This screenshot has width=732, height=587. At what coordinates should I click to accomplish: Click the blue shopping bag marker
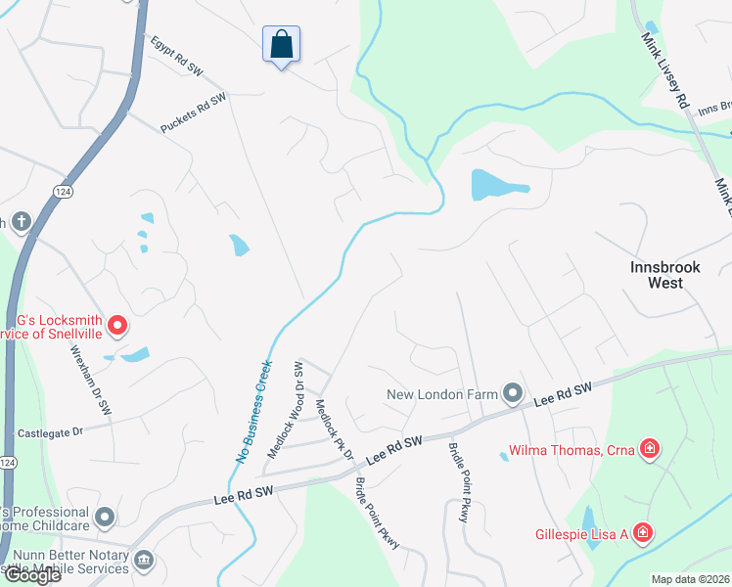pos(281,45)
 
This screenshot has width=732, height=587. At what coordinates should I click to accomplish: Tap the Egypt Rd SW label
pos(176,57)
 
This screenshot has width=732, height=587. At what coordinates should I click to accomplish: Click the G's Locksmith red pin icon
pos(116,325)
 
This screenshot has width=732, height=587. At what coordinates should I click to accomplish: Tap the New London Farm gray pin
pos(513,394)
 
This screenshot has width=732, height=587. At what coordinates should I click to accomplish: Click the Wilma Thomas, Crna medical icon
pos(648,450)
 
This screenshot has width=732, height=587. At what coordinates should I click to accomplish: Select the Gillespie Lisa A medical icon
pos(642,533)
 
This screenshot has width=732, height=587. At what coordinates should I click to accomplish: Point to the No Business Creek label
pos(252,411)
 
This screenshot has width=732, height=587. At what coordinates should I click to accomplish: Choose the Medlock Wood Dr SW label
pos(286,410)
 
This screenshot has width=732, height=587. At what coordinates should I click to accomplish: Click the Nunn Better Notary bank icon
pos(144,560)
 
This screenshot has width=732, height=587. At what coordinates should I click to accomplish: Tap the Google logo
pos(31,575)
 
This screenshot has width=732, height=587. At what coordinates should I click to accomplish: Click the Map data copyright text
pos(689,579)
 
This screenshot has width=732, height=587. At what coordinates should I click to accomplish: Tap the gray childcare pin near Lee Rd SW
pos(105,516)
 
